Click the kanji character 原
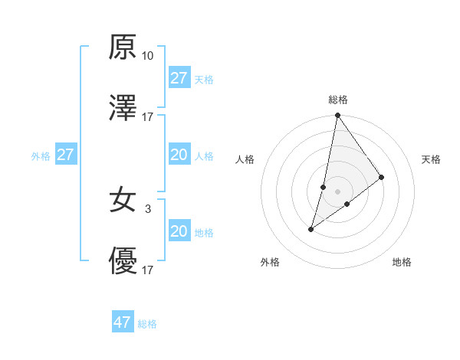[x=123, y=47]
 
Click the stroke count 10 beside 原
[x=147, y=56]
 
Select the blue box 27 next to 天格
[x=179, y=78]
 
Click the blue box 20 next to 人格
[x=179, y=155]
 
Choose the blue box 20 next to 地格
[x=179, y=231]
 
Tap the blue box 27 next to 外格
[x=66, y=155]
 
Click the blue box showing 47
[x=123, y=322]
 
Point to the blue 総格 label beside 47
[x=147, y=324]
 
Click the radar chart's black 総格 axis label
[x=338, y=100]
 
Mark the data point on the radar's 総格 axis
[x=337, y=116]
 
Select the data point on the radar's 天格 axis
[x=381, y=177]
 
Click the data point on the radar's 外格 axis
[x=311, y=229]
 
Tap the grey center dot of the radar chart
[x=337, y=191]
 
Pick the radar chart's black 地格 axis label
[x=402, y=263]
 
